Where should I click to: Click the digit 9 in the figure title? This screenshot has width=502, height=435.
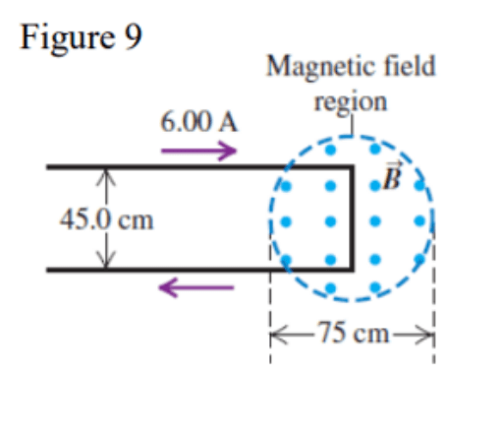[x=133, y=36]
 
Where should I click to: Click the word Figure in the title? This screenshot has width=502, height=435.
[x=68, y=39]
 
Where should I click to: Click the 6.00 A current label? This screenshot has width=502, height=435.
[x=198, y=122]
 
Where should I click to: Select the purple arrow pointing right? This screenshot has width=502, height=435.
[x=198, y=151]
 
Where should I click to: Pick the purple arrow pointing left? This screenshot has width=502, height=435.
[x=196, y=287]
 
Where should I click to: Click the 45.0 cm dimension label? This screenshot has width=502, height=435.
[x=106, y=219]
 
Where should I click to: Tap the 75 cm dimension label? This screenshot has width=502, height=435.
[x=353, y=333]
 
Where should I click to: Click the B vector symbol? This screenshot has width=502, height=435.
[x=392, y=176]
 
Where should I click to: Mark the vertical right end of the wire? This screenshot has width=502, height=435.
[x=352, y=218]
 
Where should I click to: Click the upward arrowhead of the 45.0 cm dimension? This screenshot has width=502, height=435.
[x=106, y=177]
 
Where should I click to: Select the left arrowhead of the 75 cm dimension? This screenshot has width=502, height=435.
[x=278, y=335]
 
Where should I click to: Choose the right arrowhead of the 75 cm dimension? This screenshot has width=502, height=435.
[x=425, y=335]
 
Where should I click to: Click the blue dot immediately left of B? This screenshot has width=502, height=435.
[x=375, y=186]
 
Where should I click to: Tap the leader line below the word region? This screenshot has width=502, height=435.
[x=352, y=125]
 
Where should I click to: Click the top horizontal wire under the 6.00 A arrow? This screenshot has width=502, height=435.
[x=199, y=167]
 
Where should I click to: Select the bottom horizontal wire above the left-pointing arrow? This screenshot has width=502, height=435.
[x=199, y=270]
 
